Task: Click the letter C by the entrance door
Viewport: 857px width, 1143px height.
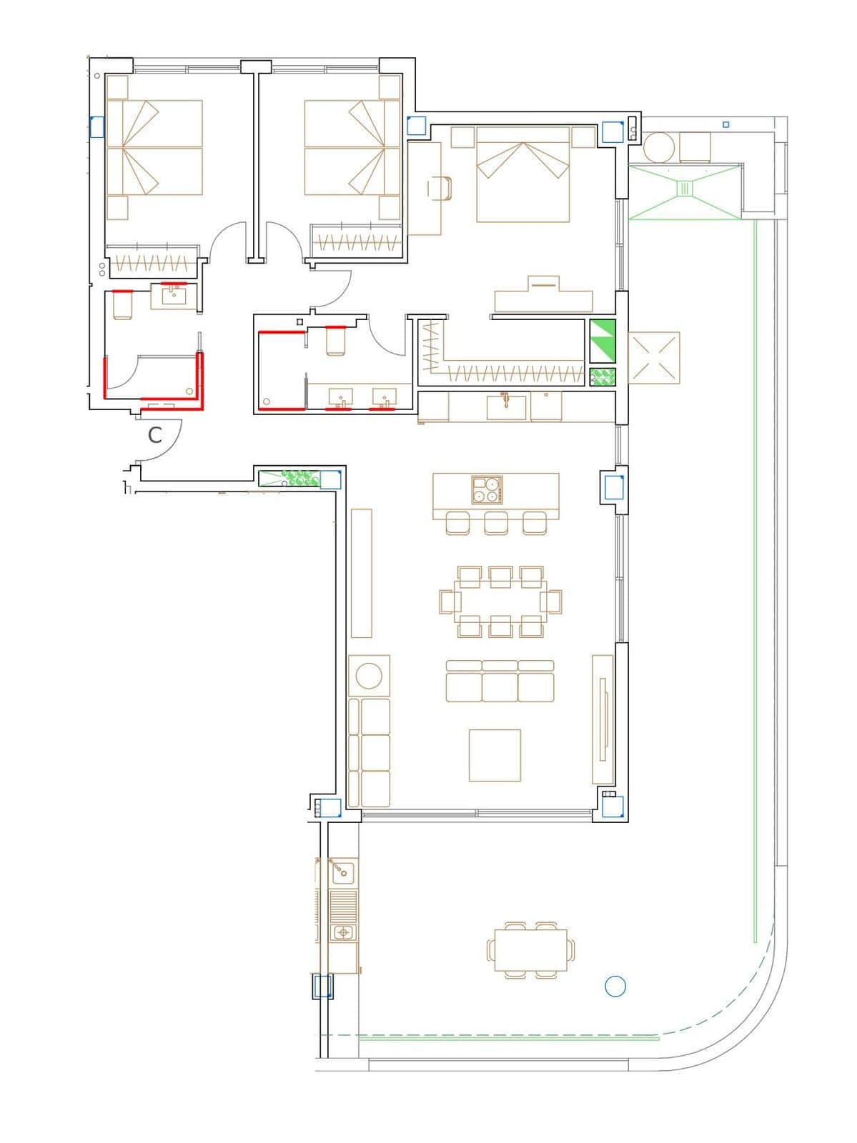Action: tap(154, 435)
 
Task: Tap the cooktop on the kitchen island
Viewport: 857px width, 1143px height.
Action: tap(487, 489)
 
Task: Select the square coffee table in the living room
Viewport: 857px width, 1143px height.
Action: tap(495, 755)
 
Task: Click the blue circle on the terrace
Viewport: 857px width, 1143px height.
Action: tap(615, 986)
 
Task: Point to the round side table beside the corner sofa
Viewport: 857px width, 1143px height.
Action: tap(369, 676)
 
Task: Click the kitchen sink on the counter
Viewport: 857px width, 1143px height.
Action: tap(506, 406)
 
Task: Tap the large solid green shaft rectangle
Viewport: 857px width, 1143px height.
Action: tap(603, 341)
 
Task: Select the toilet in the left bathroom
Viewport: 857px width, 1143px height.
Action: tap(123, 306)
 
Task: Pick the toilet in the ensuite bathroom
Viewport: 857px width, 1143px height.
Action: tap(335, 341)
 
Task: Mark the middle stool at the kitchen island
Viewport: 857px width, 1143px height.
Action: tap(496, 523)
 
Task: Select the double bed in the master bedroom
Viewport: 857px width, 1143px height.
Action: tap(522, 174)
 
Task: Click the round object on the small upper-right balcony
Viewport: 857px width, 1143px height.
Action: tap(659, 147)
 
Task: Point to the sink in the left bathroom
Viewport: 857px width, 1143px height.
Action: tap(174, 296)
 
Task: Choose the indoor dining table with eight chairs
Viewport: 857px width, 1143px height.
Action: tap(500, 602)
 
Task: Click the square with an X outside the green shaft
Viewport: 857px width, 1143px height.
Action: tap(654, 358)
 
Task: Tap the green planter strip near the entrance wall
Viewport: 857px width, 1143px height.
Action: tap(289, 478)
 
